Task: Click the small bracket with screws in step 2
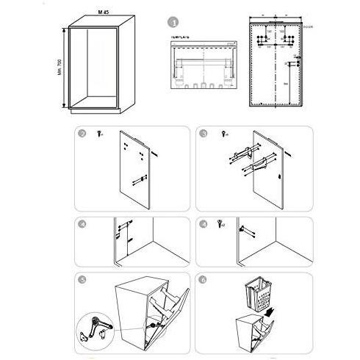click(137, 179)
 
